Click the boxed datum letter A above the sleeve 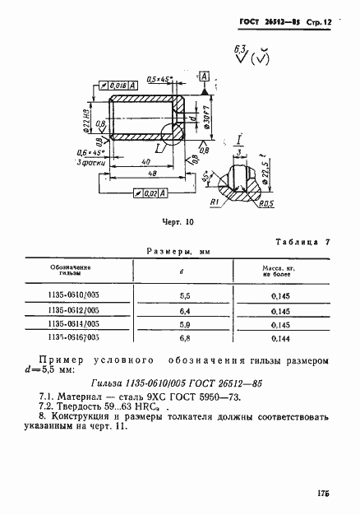pyautogui.click(x=205, y=77)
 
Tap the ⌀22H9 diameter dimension pyautogui.click(x=85, y=118)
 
